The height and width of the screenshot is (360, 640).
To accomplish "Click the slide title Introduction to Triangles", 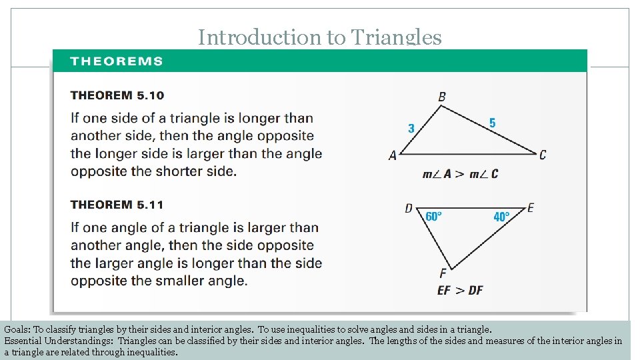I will [x=319, y=38].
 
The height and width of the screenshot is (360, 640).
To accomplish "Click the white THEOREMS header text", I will [x=117, y=61].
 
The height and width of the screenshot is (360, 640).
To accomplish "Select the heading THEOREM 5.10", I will [x=117, y=96].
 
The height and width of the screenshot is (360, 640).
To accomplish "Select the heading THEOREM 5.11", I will [x=117, y=205].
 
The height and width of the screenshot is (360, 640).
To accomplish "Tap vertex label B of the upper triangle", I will [x=442, y=97].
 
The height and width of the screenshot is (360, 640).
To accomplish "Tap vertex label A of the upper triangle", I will [x=393, y=155].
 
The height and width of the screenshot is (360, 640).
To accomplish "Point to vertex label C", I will [x=543, y=155].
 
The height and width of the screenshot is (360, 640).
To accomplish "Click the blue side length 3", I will [x=411, y=128].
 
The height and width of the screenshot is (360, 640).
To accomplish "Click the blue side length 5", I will [x=492, y=123].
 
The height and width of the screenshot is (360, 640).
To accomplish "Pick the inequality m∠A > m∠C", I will [x=460, y=174].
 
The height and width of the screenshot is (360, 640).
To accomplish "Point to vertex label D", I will [x=409, y=209].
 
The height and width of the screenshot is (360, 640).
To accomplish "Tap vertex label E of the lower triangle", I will [x=530, y=209].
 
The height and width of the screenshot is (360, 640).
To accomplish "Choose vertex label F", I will [x=443, y=273].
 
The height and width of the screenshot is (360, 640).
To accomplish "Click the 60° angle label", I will [x=433, y=217].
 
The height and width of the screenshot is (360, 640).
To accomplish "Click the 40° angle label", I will [x=501, y=217].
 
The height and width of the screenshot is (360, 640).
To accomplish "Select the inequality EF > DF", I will [x=460, y=290].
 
